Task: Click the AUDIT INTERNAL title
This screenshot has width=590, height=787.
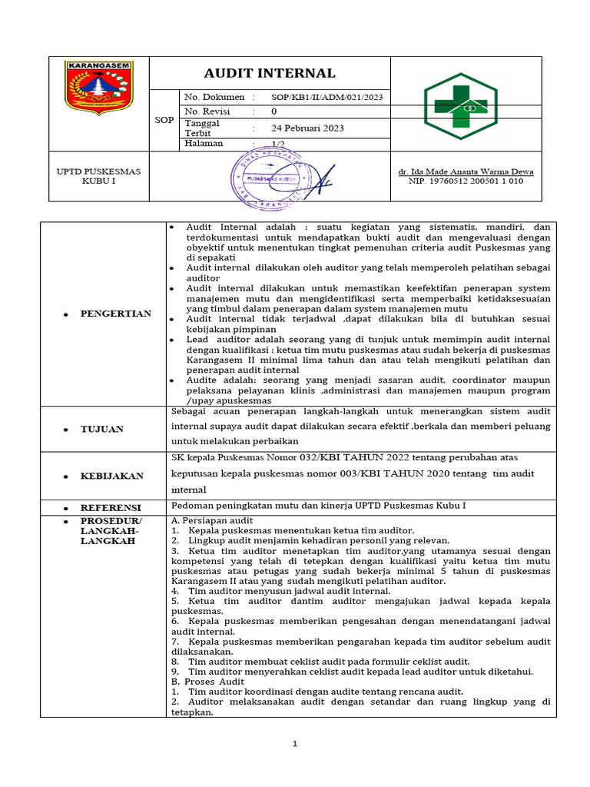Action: click(269, 74)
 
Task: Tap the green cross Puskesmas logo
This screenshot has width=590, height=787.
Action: click(461, 106)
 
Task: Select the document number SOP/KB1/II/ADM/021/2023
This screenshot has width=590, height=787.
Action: click(326, 98)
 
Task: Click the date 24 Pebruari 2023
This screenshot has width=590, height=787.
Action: click(308, 128)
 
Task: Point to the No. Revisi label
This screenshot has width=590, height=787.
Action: click(208, 112)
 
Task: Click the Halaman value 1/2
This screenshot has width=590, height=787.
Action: click(278, 144)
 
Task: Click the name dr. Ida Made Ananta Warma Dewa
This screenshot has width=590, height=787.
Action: click(466, 171)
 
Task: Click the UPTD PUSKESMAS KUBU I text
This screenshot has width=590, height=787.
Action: click(98, 176)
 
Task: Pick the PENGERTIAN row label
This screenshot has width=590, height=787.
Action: click(115, 314)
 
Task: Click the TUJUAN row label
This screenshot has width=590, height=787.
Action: click(101, 429)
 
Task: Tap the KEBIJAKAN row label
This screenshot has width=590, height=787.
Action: click(111, 476)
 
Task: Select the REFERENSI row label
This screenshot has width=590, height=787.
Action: click(111, 508)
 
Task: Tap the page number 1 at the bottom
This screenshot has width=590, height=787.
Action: click(295, 744)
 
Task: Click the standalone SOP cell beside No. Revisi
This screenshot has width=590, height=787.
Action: click(164, 121)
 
